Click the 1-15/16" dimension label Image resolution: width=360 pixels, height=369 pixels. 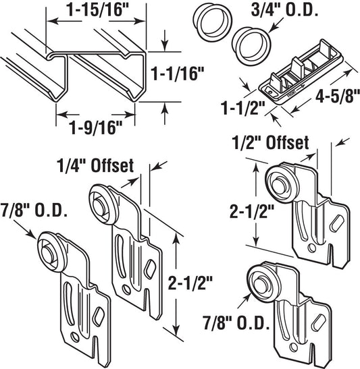click(x=96, y=10)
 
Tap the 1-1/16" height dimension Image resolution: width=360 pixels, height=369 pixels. click(x=177, y=74)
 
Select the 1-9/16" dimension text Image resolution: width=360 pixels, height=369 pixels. click(x=96, y=128)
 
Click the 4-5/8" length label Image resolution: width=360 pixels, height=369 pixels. click(x=336, y=95)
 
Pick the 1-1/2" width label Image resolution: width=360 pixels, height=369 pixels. click(x=242, y=109)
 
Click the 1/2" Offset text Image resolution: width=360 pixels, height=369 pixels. click(x=270, y=142)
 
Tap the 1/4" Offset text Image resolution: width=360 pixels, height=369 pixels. click(x=95, y=166)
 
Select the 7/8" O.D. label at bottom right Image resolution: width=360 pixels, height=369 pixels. click(x=236, y=323)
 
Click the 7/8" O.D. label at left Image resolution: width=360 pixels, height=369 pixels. click(x=34, y=210)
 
